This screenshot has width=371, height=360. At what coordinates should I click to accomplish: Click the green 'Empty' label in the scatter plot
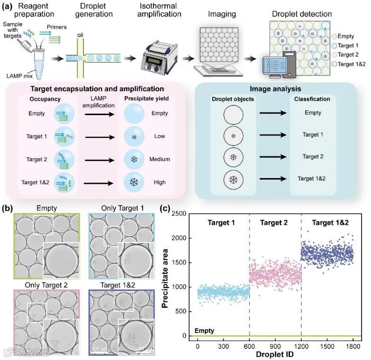point(205,331)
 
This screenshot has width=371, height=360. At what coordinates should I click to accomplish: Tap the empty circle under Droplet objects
point(232,113)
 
